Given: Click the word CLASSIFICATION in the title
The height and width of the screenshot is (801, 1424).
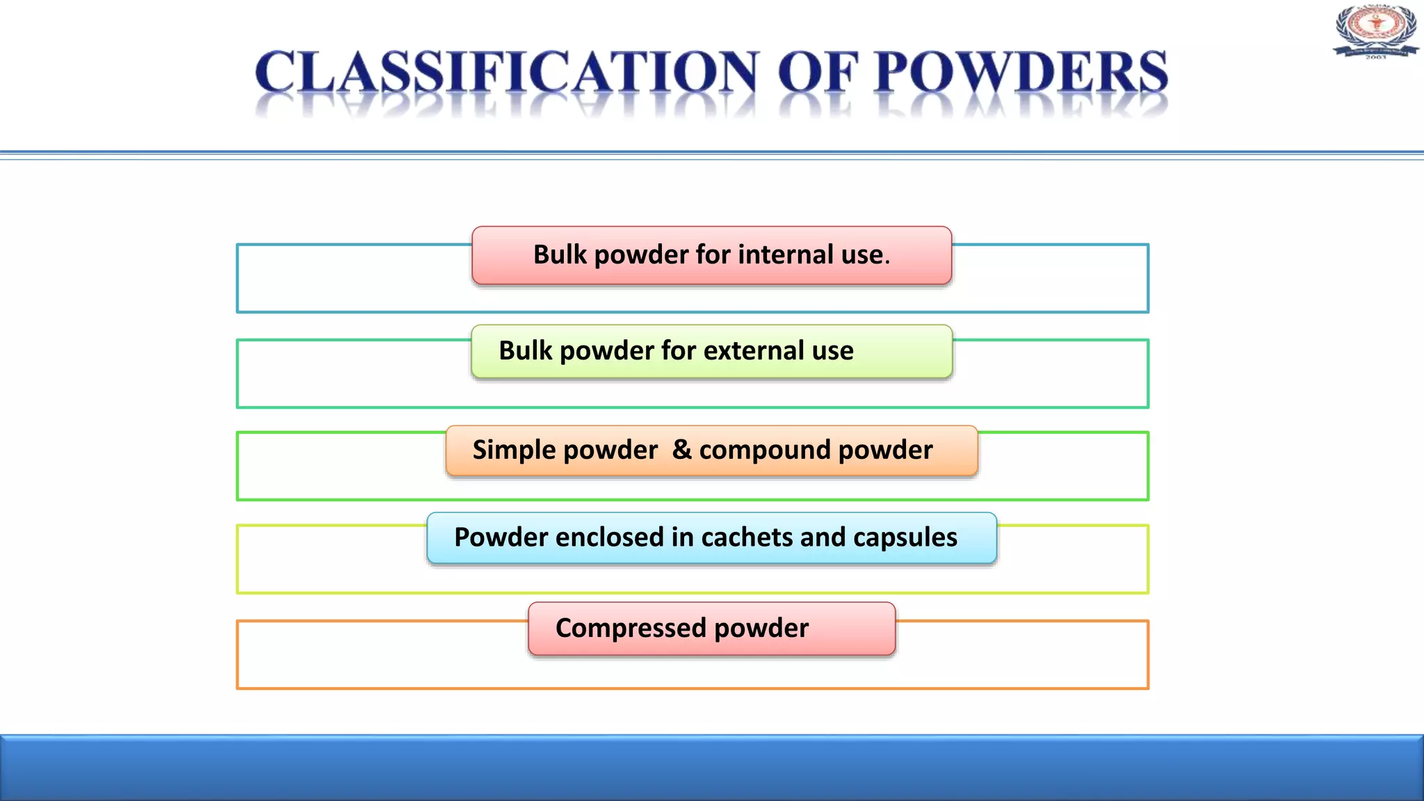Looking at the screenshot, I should coord(506,72).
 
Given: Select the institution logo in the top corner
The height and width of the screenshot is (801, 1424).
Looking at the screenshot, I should coord(1375,31).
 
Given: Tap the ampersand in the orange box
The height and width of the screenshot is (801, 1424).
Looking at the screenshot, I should coord(681,450).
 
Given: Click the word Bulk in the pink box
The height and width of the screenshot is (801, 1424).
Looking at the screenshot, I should coord(560,255).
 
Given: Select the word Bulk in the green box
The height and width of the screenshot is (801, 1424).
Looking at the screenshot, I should coord(525,351).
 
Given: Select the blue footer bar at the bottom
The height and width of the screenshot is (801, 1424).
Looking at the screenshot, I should coord(712,768).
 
